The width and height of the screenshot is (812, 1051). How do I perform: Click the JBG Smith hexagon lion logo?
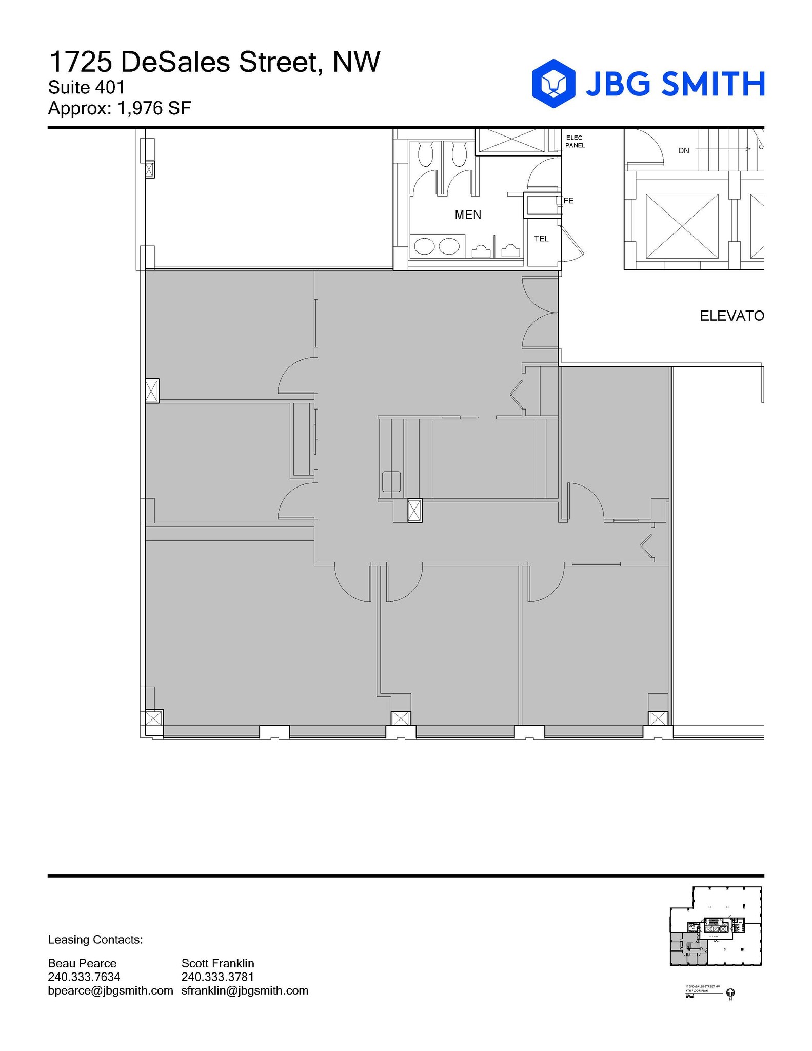pos(553,83)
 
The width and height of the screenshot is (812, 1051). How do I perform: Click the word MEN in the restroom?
pos(468,215)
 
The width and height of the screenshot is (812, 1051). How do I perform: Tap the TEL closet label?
pos(541,239)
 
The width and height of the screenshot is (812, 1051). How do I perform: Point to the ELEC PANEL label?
pos(575,142)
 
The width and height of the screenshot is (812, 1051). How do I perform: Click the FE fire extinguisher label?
pos(568,201)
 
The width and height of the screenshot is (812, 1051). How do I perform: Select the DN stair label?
pos(683,151)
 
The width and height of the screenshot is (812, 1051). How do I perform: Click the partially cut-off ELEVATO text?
pos(731,316)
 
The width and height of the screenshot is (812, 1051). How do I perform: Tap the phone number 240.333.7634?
pos(84,977)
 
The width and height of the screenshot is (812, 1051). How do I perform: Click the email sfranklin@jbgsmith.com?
pos(245,990)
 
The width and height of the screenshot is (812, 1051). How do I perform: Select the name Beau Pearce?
pos(82,963)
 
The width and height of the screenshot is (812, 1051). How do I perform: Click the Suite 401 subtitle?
pos(86,88)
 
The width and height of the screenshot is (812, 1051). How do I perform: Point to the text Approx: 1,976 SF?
pos(119,108)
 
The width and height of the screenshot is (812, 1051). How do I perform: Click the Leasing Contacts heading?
pos(95,940)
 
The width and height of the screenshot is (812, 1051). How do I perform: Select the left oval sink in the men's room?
pos(424,246)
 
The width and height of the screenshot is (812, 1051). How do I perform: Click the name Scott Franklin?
pos(217,963)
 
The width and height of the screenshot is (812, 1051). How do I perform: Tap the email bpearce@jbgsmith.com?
pos(110,990)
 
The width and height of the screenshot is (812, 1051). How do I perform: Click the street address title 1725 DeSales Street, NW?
pos(214,62)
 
